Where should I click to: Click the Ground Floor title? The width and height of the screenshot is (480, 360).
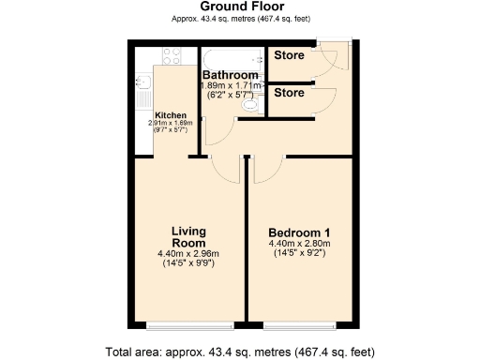tap(239, 7)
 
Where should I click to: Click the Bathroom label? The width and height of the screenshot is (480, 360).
tap(230, 75)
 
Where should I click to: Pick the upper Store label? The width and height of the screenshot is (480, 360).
tap(288, 55)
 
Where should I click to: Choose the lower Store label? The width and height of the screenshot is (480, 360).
tap(288, 93)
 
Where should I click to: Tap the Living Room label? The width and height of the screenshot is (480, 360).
tap(188, 237)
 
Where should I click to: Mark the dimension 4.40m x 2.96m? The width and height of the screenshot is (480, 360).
tap(188, 253)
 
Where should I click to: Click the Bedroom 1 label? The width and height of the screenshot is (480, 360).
tap(298, 232)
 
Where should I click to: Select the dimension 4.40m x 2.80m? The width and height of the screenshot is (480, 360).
tap(298, 244)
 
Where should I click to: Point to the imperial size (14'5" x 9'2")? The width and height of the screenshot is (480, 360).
tap(298, 253)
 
